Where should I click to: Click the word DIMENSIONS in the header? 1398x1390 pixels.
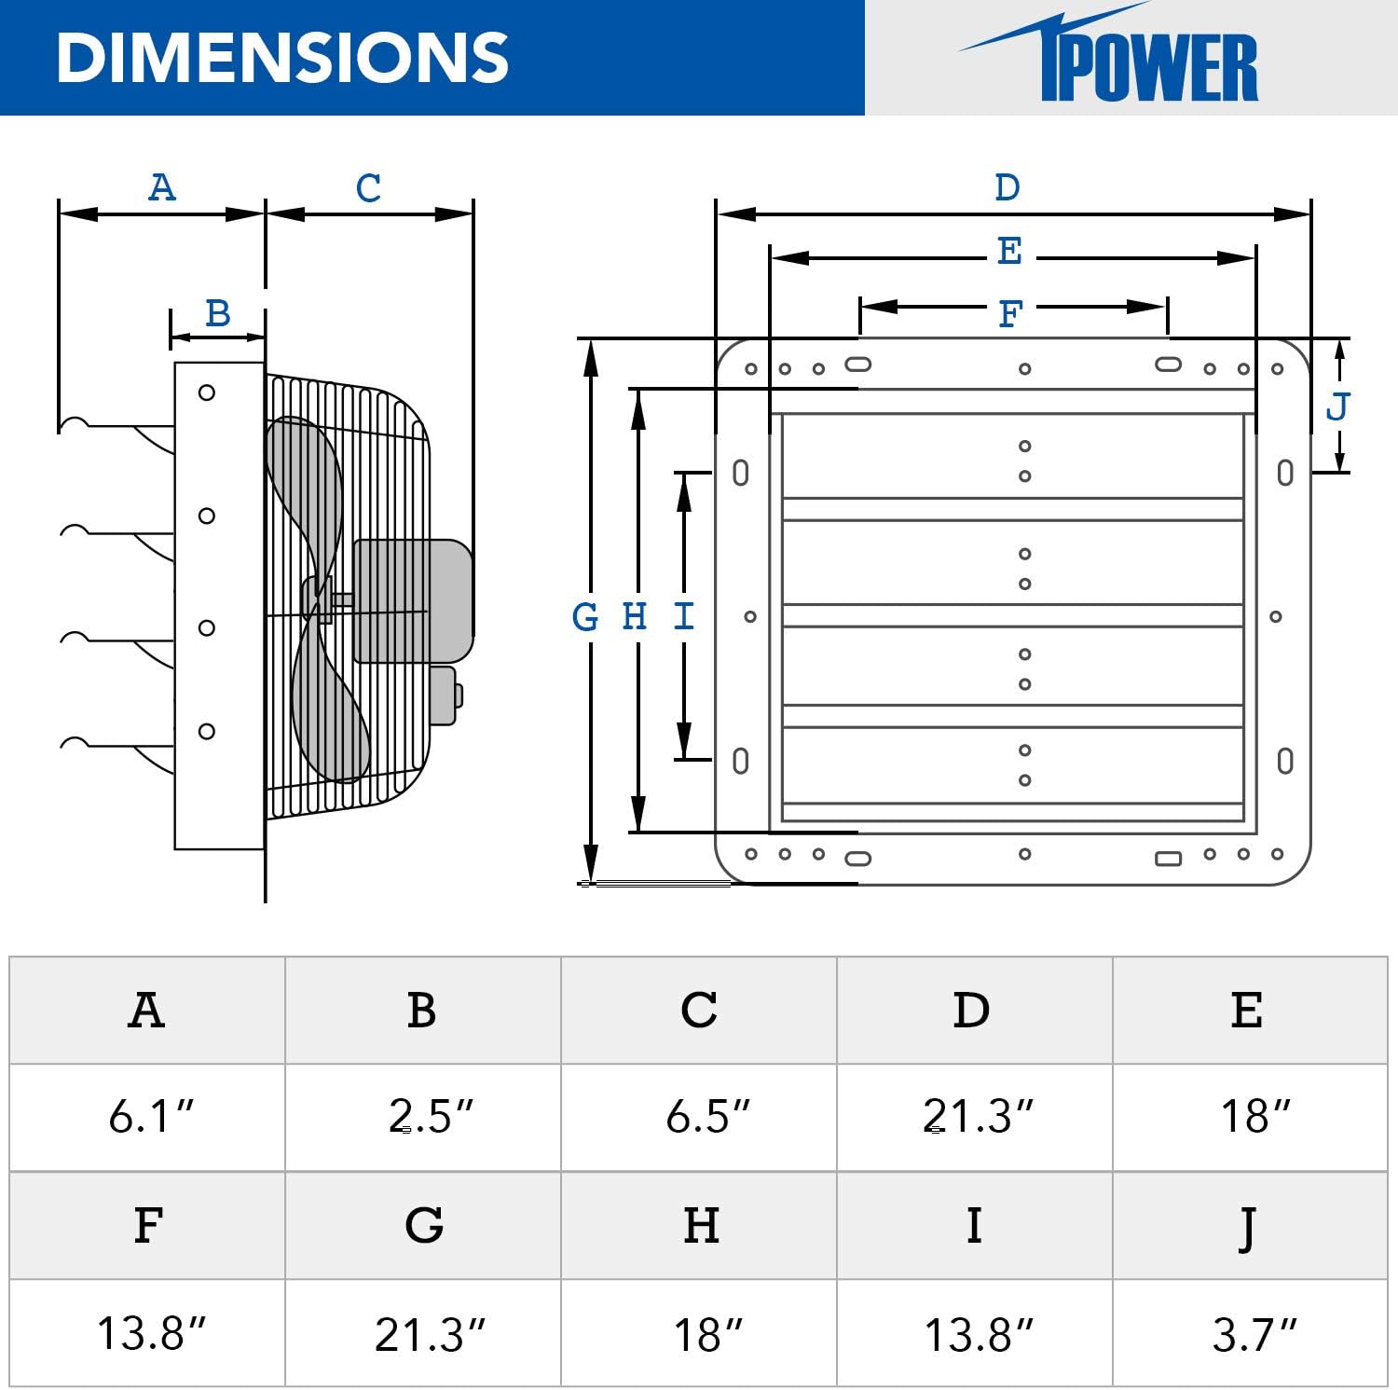tap(282, 58)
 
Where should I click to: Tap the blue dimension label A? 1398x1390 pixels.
tap(162, 187)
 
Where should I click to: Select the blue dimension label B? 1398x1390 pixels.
tap(217, 313)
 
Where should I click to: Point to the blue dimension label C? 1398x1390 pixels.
tap(368, 188)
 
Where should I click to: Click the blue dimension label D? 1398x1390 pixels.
tap(1007, 187)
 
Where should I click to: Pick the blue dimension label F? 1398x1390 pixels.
tap(1009, 314)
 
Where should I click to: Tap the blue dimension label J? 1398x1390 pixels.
tap(1337, 406)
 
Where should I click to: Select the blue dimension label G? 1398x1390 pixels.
tap(585, 616)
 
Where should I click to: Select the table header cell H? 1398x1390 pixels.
tap(701, 1225)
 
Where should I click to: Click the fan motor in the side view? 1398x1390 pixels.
tap(412, 601)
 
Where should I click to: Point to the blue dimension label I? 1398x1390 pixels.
tap(683, 616)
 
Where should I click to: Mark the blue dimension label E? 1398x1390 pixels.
tap(1009, 251)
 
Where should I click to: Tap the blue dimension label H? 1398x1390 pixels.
tap(635, 616)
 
